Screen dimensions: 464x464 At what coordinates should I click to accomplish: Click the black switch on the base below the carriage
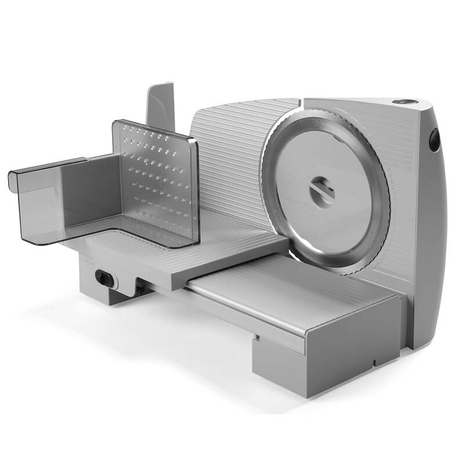[105, 277]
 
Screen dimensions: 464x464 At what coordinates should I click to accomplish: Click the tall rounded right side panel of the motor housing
[432, 244]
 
